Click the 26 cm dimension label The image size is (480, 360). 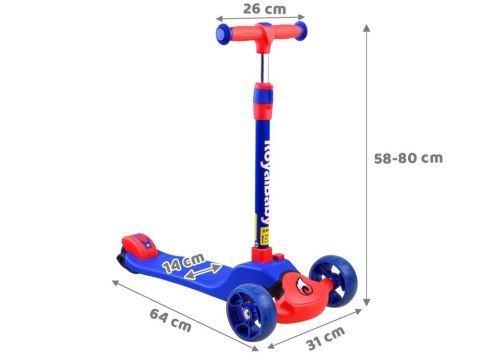tap(264, 9)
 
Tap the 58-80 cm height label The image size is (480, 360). tap(408, 158)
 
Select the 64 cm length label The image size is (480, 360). tap(170, 320)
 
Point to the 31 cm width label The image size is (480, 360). tap(326, 338)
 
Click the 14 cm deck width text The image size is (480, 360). tap(183, 263)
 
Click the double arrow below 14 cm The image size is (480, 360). tap(203, 272)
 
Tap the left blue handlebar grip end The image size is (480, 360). tap(222, 33)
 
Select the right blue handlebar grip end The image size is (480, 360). tap(301, 31)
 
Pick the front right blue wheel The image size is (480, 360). tap(333, 280)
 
